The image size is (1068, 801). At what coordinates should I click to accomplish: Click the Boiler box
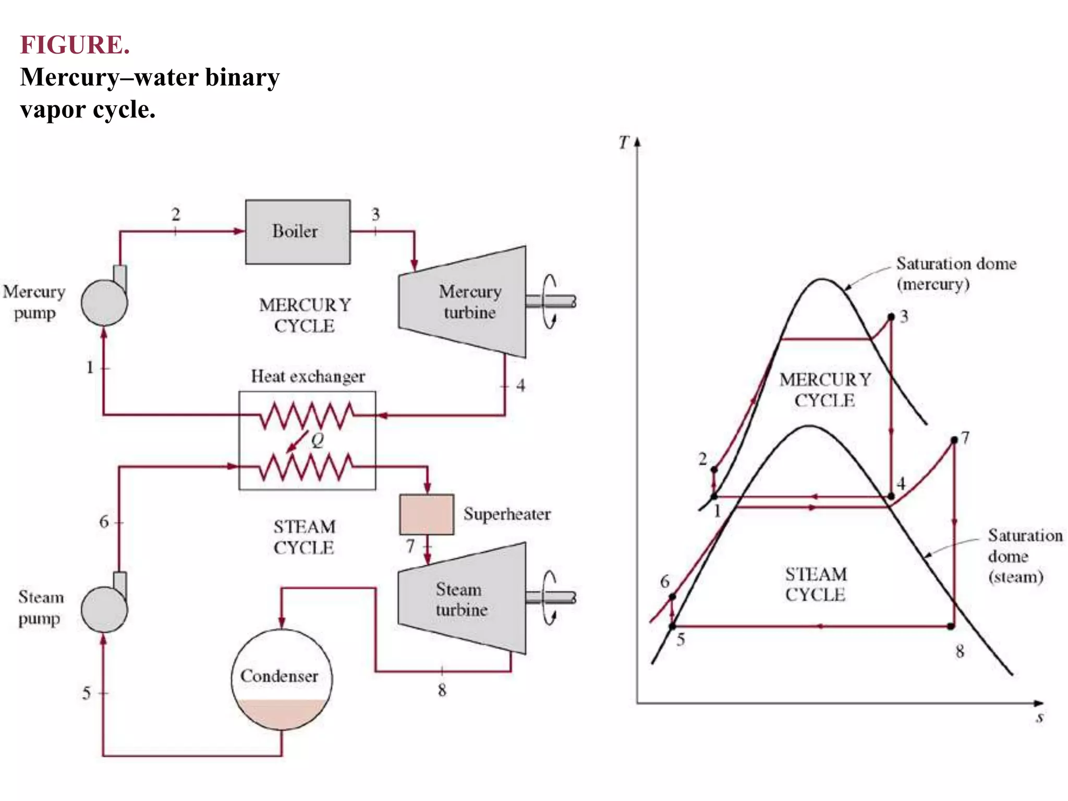click(298, 232)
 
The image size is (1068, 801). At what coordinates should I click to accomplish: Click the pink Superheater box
click(427, 514)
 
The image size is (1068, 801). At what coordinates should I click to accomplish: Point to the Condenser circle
click(282, 678)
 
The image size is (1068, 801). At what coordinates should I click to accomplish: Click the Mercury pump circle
click(104, 302)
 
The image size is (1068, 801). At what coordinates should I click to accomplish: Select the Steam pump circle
click(104, 609)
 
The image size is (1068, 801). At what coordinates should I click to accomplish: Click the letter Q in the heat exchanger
click(318, 441)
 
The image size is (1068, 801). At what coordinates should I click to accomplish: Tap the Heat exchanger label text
click(308, 377)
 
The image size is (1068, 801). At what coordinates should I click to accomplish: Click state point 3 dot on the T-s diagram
click(891, 317)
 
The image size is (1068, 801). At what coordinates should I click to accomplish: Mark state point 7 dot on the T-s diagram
click(954, 440)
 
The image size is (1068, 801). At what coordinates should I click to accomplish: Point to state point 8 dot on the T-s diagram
click(951, 626)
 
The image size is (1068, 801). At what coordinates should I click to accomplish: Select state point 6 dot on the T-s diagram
click(672, 597)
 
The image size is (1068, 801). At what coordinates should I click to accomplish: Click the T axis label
click(624, 142)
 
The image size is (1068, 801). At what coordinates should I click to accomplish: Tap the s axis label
click(1040, 718)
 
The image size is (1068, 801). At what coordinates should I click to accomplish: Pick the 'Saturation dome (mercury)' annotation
click(955, 274)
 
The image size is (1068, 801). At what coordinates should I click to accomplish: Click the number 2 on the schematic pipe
click(176, 214)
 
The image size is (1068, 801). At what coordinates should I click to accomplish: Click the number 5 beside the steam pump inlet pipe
click(87, 693)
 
